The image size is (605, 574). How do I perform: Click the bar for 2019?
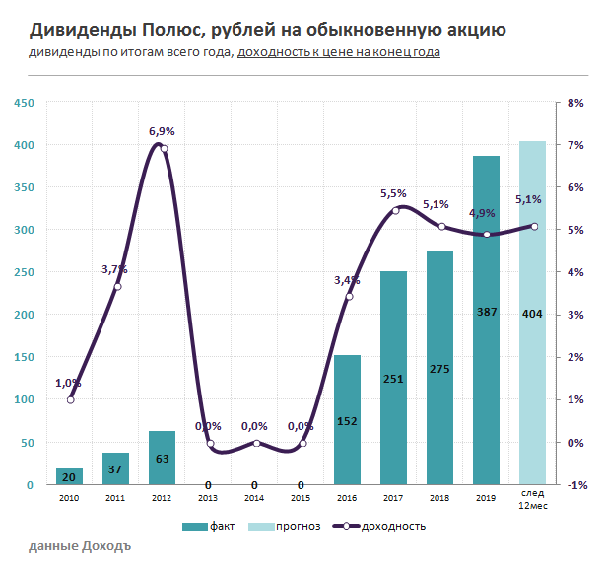pos(486,321)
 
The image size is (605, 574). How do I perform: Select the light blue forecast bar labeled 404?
pos(532,313)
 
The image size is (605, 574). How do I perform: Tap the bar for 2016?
pos(347,420)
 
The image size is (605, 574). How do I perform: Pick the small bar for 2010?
pos(69,476)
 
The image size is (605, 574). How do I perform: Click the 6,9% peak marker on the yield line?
pos(164,149)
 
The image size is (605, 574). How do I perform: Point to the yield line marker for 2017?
pos(395,210)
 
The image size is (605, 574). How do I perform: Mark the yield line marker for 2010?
pos(70,399)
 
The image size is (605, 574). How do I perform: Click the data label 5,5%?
pos(393,194)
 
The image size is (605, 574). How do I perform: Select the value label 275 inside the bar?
pos(439,369)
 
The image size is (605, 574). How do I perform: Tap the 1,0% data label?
pos(68,383)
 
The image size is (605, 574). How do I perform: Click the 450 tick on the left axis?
pos(24,103)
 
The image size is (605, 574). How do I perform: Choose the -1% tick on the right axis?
pos(575,485)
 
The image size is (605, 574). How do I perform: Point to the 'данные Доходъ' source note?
pos(79,546)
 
